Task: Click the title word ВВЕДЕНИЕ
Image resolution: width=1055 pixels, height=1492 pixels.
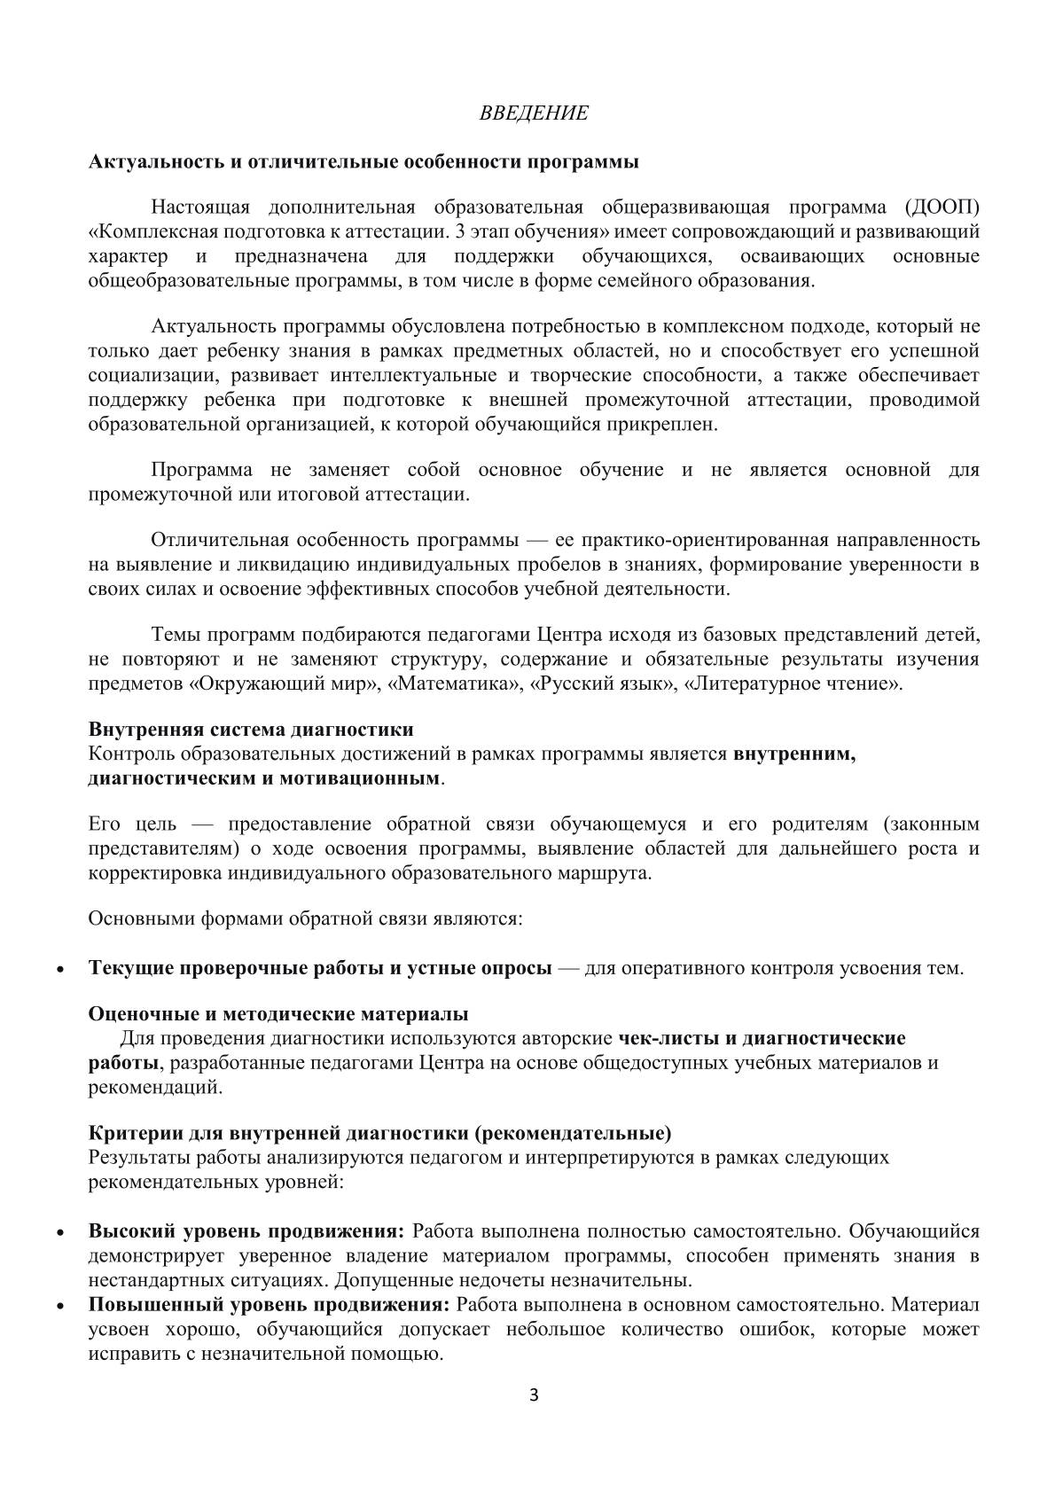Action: coord(534,113)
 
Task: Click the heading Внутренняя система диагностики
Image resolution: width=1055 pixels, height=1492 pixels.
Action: coord(251,730)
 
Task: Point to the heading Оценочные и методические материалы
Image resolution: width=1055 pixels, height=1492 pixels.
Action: coord(278,1013)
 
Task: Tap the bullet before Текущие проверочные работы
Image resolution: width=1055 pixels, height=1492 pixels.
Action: coord(59,969)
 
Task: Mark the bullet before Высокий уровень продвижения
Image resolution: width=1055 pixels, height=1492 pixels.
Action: coord(59,1232)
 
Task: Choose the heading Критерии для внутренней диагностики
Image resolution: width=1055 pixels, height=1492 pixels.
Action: coord(379,1134)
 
